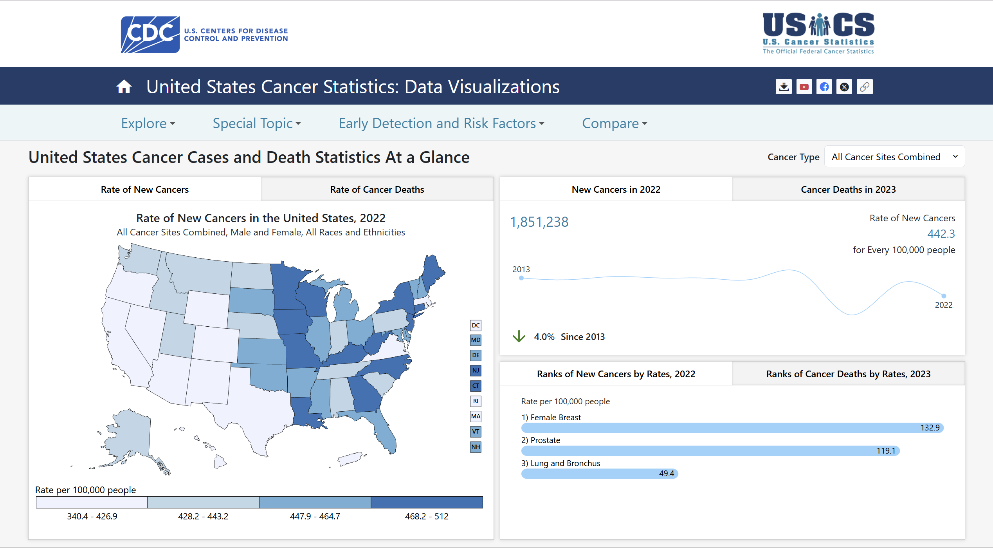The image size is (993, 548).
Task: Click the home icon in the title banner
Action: pos(124,87)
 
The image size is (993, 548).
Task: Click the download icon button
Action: pos(784,87)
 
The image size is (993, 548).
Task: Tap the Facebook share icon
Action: pos(824,87)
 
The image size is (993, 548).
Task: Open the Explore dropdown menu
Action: pos(148,123)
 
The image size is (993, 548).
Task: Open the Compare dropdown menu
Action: pos(614,123)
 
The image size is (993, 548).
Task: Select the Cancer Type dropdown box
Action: pos(894,157)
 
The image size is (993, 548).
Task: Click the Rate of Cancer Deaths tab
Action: pos(377,190)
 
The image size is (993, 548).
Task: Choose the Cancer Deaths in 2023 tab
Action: pos(848,190)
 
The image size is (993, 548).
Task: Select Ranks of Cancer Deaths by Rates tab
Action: pos(848,374)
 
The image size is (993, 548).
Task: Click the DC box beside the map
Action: pos(476,325)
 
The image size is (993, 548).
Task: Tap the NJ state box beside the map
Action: pos(476,371)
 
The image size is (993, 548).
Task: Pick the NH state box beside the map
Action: pos(476,447)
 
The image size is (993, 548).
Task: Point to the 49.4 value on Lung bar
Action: pos(666,474)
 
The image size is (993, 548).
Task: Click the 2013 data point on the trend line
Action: pos(521,278)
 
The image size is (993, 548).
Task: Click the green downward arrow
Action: pos(519,336)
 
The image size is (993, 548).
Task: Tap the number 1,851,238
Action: pos(539,222)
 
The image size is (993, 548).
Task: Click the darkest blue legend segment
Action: pos(427,502)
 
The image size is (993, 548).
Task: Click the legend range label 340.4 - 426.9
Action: pos(92,516)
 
